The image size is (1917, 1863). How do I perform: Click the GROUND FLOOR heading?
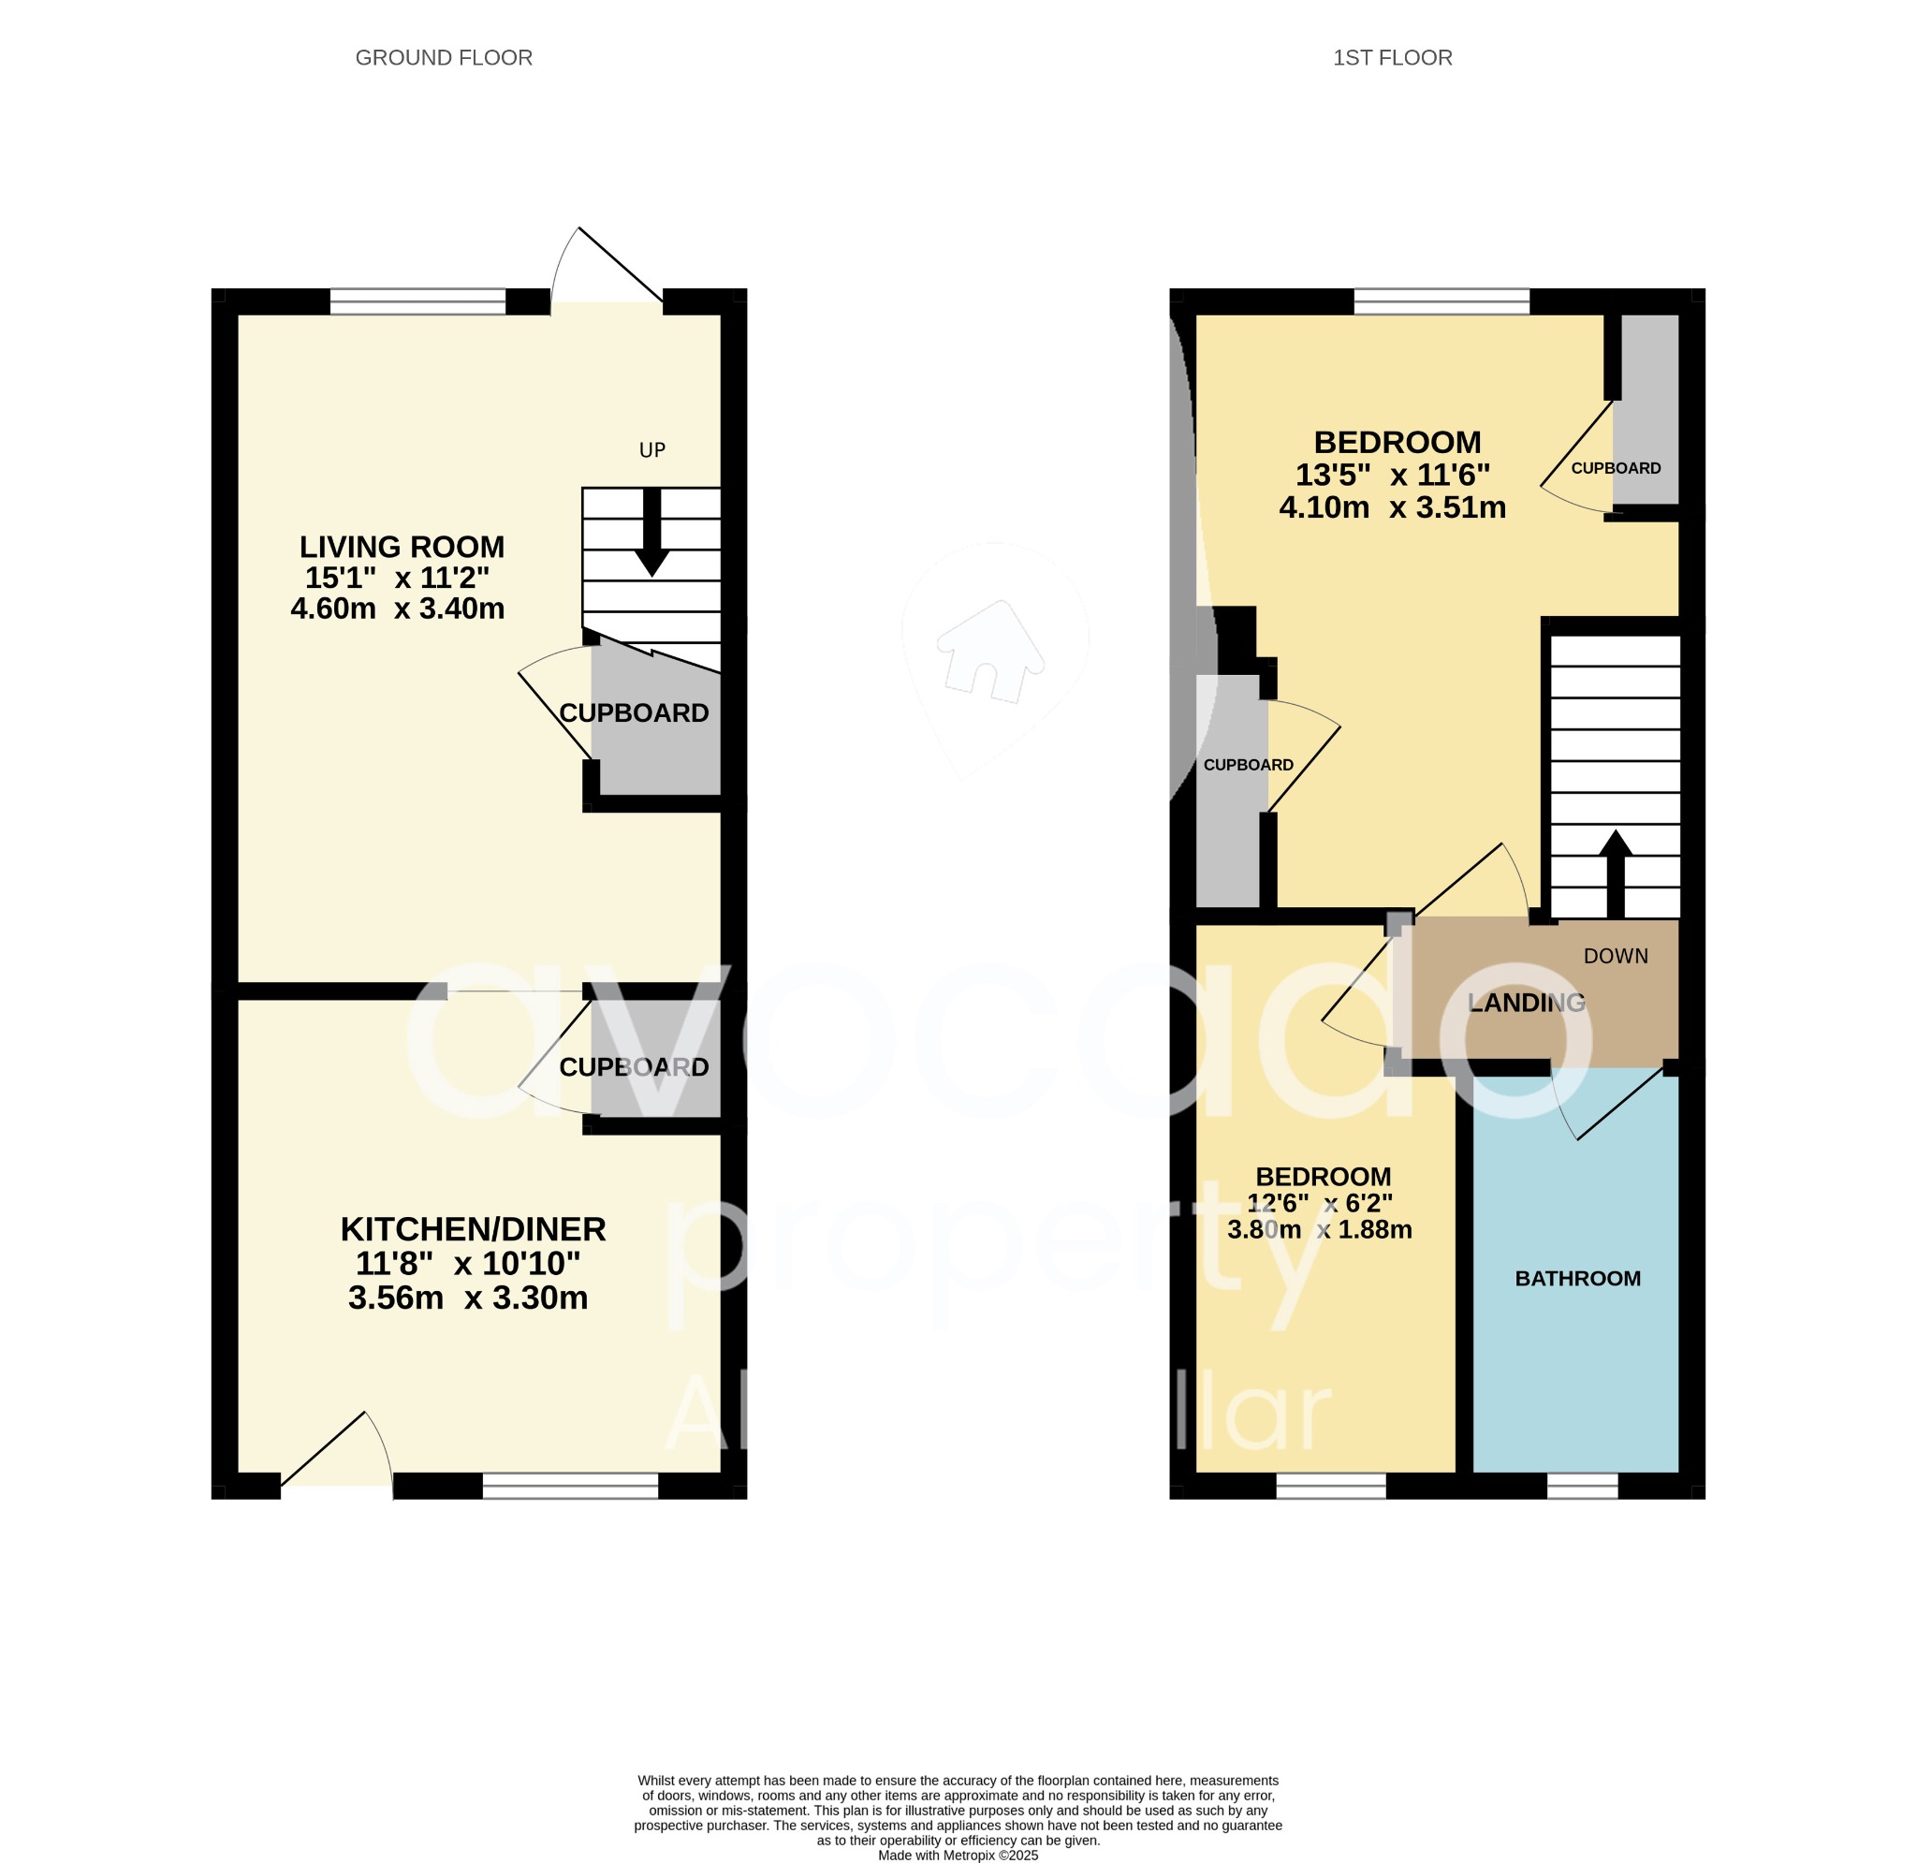click(443, 58)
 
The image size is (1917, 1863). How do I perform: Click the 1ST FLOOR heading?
click(1392, 58)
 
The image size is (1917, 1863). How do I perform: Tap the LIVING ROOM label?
click(401, 546)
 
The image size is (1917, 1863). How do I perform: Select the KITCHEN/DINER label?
click(473, 1229)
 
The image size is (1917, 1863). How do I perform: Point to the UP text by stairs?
click(651, 450)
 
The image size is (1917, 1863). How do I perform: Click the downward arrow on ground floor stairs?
click(651, 534)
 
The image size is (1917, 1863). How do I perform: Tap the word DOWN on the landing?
click(1615, 956)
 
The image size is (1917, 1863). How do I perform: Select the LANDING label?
click(1526, 1002)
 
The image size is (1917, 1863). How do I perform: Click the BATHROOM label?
click(1576, 1278)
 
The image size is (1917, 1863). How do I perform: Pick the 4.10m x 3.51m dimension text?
click(1392, 507)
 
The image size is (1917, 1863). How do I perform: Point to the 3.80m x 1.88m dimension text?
click(1319, 1230)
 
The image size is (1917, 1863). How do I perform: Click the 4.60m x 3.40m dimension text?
click(397, 609)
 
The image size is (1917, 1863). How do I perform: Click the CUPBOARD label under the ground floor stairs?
click(634, 713)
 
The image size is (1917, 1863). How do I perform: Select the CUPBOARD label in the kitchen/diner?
click(634, 1066)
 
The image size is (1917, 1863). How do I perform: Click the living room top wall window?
click(417, 301)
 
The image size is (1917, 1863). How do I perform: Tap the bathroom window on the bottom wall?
click(1582, 1487)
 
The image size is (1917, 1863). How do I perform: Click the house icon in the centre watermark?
click(989, 652)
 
